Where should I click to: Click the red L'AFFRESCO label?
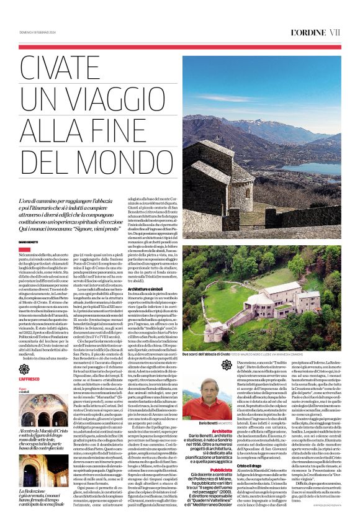tap(29, 378)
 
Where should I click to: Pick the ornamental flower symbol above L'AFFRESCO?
tap(24, 369)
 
